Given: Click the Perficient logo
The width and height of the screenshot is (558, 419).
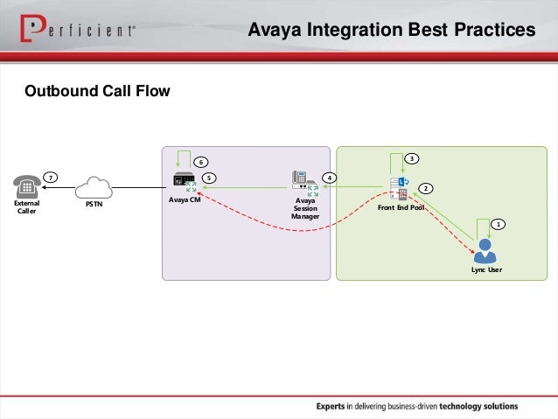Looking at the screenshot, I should point(75,31).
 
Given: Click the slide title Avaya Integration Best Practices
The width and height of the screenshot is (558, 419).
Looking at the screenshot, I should point(391,31).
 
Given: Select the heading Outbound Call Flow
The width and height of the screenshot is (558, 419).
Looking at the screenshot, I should point(97,91).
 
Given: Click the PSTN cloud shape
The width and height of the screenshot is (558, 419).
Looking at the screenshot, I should point(93,188).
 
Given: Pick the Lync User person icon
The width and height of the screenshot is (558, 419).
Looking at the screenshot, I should point(484,252).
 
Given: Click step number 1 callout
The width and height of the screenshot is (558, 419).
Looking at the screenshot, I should point(498,225).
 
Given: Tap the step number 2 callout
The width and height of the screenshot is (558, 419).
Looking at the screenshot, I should point(426,188).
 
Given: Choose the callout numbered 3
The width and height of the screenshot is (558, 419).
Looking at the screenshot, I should point(412,158).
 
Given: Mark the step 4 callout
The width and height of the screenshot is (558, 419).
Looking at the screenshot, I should point(329,178).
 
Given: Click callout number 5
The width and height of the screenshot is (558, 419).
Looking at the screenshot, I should point(209,178).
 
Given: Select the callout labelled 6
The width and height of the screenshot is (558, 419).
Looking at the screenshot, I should point(199,162).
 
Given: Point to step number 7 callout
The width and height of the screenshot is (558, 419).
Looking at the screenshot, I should point(52,178).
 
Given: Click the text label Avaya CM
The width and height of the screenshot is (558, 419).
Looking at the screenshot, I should point(185,201).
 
